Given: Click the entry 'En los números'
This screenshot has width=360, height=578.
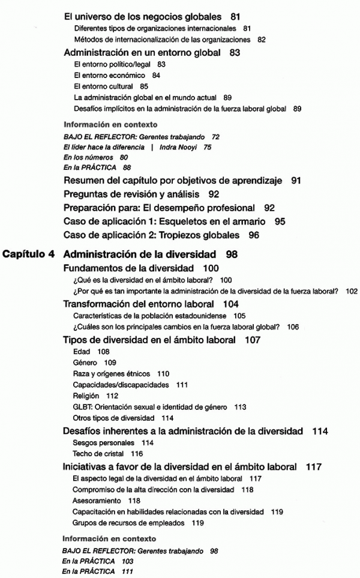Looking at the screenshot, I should (86, 157).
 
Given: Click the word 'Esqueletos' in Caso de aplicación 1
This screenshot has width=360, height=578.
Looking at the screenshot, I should (208, 221).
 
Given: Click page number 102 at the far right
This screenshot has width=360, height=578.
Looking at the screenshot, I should (352, 292).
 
